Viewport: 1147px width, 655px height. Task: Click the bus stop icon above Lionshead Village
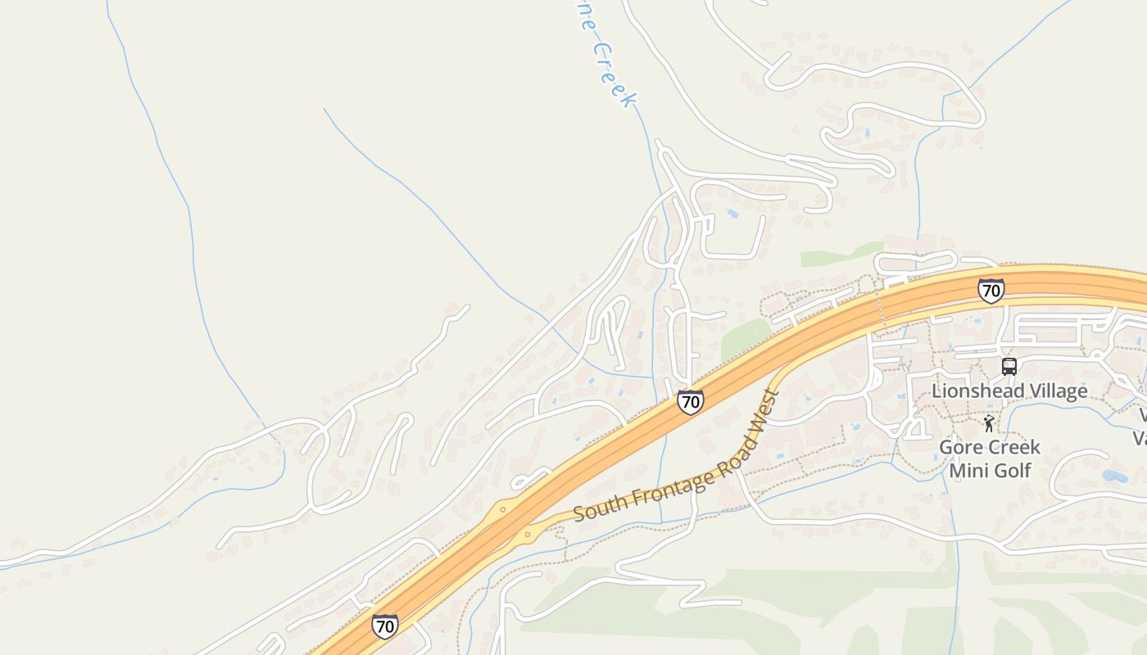click(x=1009, y=367)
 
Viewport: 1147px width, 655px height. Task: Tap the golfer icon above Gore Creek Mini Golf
click(x=990, y=423)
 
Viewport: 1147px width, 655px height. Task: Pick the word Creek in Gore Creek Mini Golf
click(x=1013, y=447)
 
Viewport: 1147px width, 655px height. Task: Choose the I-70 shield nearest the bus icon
click(x=991, y=290)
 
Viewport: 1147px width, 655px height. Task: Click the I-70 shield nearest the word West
click(x=690, y=402)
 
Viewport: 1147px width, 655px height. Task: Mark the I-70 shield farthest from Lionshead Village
click(x=384, y=626)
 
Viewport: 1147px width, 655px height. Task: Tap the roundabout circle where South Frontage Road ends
click(x=527, y=534)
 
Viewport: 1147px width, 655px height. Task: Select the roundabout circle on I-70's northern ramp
click(x=502, y=509)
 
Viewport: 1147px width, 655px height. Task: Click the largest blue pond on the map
click(x=1115, y=475)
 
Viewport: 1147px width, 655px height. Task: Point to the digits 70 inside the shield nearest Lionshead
click(x=991, y=291)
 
